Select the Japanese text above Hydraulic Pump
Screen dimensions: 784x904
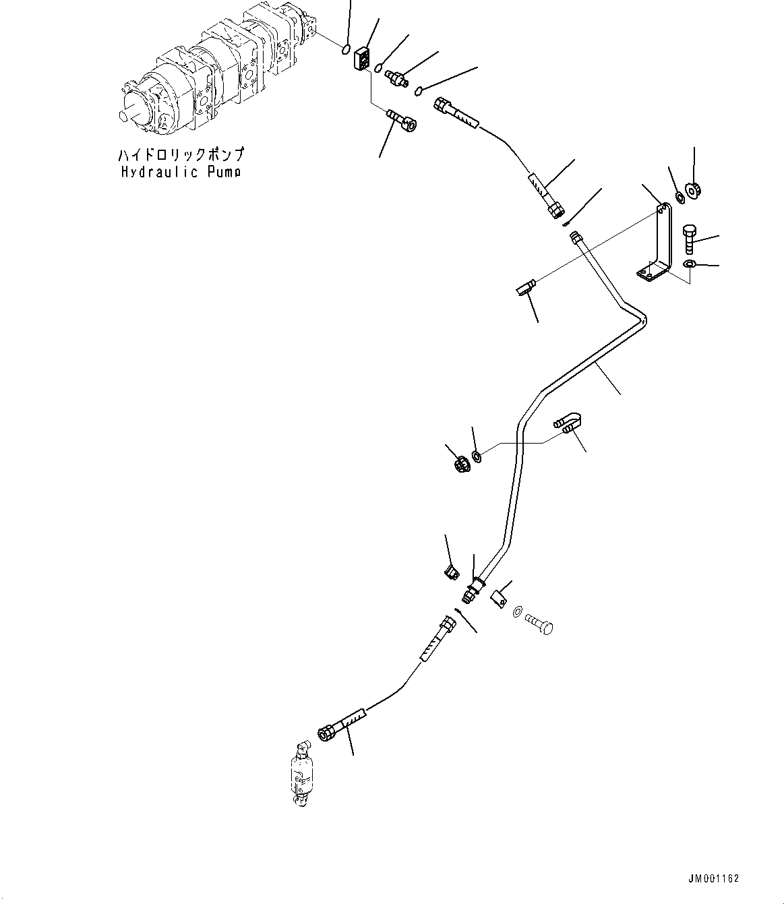click(181, 154)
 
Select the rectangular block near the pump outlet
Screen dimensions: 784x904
click(362, 58)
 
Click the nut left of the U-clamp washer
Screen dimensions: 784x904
click(462, 466)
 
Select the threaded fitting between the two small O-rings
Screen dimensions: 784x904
click(396, 79)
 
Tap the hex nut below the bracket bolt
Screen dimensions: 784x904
click(689, 264)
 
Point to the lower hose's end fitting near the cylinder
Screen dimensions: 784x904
click(328, 734)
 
